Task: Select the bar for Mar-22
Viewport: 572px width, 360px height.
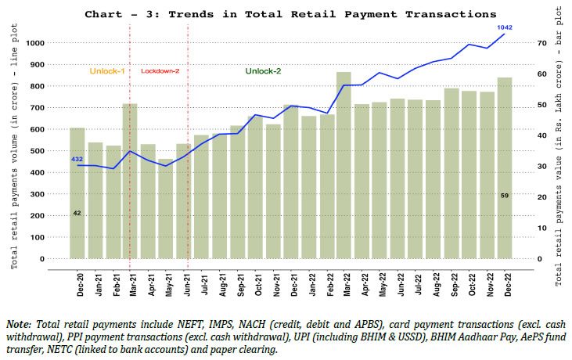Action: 344,165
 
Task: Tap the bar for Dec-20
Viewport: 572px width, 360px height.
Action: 77,193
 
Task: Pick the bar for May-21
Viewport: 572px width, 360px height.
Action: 166,208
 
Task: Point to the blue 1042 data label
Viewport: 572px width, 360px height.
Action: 504,27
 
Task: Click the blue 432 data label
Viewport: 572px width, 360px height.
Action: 77,159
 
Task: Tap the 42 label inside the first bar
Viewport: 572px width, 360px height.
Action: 77,213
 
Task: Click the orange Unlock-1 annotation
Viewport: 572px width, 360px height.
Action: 107,70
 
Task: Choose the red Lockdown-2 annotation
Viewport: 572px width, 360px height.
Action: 160,71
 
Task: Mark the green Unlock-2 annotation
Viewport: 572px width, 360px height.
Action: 263,70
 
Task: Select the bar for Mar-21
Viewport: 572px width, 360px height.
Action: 130,181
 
